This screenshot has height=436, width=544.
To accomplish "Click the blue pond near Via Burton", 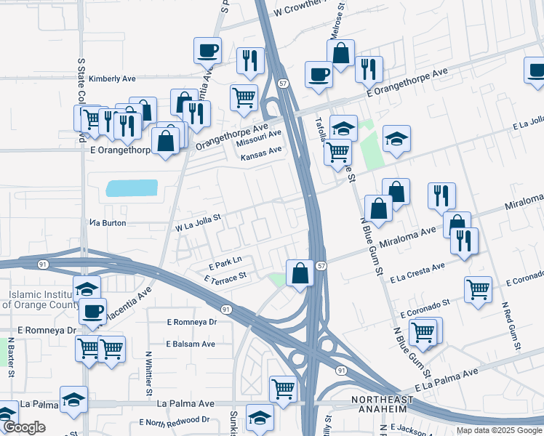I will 132,188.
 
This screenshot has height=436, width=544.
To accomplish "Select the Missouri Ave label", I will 260,137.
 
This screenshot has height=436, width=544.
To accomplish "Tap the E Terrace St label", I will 226,277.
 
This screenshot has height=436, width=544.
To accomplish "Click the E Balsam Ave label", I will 191,344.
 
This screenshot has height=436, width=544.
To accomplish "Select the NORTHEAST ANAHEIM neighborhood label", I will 382,405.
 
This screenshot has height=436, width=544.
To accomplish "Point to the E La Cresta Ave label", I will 417,272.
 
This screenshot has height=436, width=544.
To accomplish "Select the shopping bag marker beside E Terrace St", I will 300,274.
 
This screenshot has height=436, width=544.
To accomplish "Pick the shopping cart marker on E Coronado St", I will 478,289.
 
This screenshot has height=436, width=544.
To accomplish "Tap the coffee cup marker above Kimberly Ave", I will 208,50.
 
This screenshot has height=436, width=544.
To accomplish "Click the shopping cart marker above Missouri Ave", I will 244,97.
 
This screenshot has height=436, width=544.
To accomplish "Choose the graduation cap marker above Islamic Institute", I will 87,288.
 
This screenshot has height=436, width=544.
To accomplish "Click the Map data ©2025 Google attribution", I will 499,430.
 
